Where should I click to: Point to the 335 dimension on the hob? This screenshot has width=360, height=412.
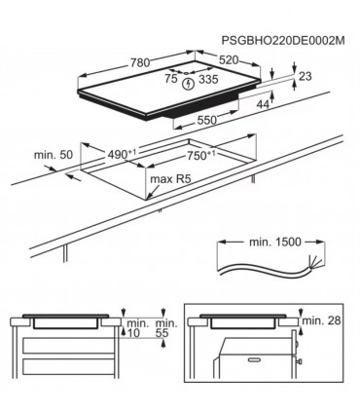tap(207, 81)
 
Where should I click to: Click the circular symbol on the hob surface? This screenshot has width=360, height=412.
tap(188, 82)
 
